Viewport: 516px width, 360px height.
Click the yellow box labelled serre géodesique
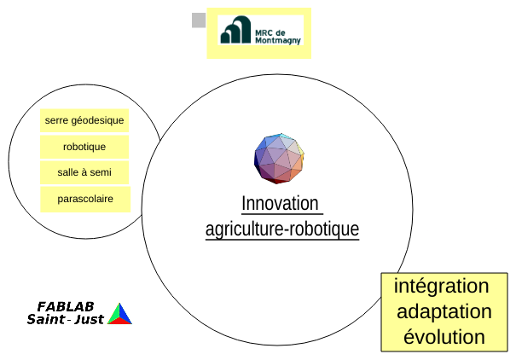coord(84,121)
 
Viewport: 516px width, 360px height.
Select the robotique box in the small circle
coord(84,147)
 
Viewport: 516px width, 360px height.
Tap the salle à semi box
coord(84,172)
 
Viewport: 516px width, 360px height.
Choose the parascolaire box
coord(85,200)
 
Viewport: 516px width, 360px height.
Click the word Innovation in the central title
coord(280,203)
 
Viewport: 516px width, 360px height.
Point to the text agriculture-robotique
coord(282,229)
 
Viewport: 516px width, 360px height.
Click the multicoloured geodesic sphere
coord(279,159)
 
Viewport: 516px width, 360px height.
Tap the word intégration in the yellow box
coord(442,287)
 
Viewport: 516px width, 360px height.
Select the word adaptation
coord(444,311)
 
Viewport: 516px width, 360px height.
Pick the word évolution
coord(444,337)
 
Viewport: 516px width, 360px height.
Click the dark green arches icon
coord(235,30)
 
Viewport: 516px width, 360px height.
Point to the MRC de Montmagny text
coord(278,37)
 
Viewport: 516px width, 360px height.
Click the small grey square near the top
coord(199,20)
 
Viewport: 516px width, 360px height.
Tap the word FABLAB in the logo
coord(66,307)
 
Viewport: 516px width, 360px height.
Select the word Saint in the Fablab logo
coord(45,319)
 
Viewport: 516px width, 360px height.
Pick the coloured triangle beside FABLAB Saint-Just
coord(119,314)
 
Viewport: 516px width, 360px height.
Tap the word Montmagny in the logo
coord(278,41)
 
